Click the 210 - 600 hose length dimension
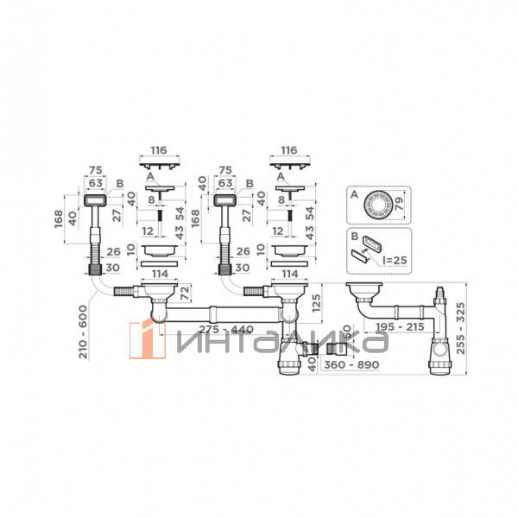point(84,332)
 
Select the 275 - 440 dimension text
point(226,330)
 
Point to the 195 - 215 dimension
point(400,327)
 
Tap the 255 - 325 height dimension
point(460,328)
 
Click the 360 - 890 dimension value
point(351,365)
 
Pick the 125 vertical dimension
point(316,304)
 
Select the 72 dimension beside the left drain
point(186,293)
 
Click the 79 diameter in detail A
point(399,204)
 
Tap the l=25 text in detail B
point(395,261)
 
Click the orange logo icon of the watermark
point(148,339)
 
